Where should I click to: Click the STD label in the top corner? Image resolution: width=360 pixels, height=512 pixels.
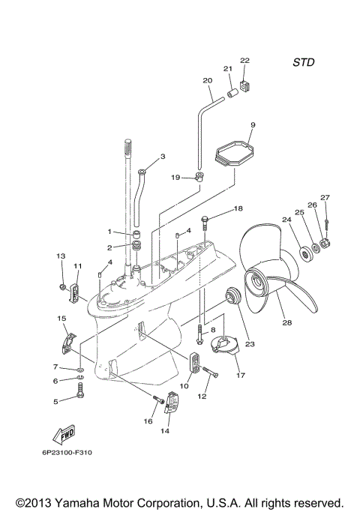point(303,63)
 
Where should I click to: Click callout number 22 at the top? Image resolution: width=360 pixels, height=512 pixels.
point(244,60)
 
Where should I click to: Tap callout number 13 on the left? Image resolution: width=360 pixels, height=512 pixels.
point(61,256)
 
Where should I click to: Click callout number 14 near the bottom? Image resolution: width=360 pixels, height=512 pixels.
point(165,432)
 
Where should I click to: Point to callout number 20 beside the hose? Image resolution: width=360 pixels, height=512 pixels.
point(208,80)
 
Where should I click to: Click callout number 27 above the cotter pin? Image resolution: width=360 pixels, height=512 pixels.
point(325,197)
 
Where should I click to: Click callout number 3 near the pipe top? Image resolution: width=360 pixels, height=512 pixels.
point(162,157)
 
